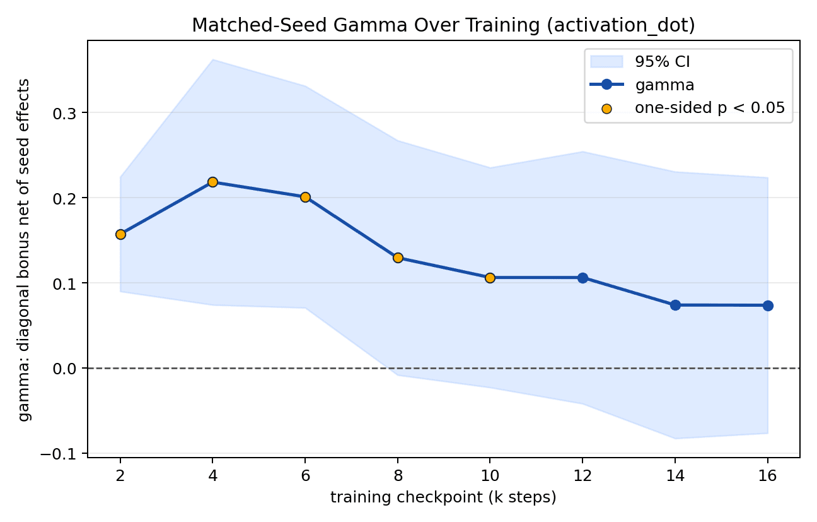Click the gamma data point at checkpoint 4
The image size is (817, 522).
(212, 182)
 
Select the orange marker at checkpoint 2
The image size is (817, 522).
(120, 235)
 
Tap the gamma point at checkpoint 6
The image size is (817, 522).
(305, 198)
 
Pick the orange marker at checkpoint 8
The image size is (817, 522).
(398, 258)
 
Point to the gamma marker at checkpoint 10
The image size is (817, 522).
(490, 278)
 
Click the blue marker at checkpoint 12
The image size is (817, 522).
(583, 278)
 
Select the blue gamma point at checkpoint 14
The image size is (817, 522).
(676, 305)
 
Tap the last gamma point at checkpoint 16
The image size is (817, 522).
(768, 305)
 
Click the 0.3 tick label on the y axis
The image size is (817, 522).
(64, 114)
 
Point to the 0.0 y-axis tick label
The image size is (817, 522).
(64, 369)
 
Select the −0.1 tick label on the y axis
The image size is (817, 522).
(59, 454)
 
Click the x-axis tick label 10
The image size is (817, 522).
(490, 475)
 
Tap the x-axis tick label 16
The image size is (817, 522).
(768, 475)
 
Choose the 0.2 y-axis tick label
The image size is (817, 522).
(64, 199)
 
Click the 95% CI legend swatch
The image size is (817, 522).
(606, 61)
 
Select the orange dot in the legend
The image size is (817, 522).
(606, 109)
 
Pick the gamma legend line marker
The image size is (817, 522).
(606, 85)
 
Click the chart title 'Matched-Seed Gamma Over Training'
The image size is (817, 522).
(366, 25)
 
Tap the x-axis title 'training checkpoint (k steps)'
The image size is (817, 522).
(444, 497)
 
